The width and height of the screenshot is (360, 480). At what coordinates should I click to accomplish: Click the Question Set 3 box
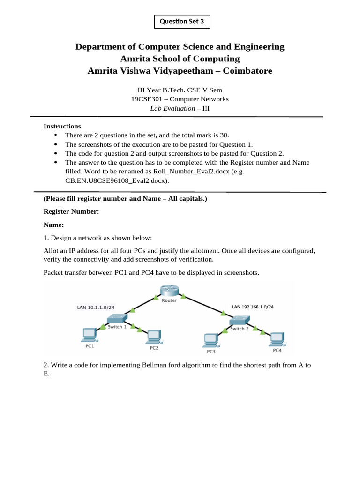pyautogui.click(x=182, y=22)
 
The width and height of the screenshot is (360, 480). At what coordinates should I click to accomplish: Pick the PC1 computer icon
pyautogui.click(x=89, y=335)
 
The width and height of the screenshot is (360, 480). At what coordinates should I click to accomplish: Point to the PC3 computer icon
pyautogui.click(x=211, y=339)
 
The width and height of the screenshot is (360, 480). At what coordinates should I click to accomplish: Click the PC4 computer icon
pyautogui.click(x=277, y=338)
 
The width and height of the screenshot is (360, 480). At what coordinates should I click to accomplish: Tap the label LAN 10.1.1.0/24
pyautogui.click(x=96, y=307)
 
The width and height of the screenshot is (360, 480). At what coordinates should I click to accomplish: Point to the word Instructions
pyautogui.click(x=62, y=126)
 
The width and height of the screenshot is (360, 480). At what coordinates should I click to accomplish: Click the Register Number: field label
pyautogui.click(x=71, y=211)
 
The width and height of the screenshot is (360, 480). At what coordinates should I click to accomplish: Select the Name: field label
pyautogui.click(x=53, y=225)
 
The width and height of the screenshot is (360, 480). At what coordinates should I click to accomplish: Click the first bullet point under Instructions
pyautogui.click(x=56, y=135)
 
